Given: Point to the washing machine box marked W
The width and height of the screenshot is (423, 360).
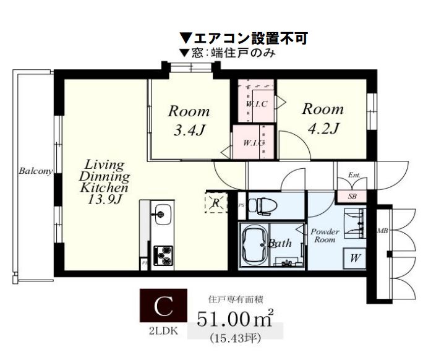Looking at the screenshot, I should coord(356,257).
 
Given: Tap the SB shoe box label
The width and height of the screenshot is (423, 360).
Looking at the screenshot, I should coord(353,197).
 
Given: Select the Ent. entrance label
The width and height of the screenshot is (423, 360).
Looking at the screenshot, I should coord(354,176).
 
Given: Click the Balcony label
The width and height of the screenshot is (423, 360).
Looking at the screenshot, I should coord(35,171).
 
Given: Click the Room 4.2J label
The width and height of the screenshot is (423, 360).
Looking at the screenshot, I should coord(322,119).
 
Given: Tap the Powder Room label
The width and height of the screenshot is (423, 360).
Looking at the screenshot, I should coord(325,235).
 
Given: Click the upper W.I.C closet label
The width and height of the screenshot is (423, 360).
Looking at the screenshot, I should coord(256,104).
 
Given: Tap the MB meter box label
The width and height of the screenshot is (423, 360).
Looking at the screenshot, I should coord(382,231).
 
